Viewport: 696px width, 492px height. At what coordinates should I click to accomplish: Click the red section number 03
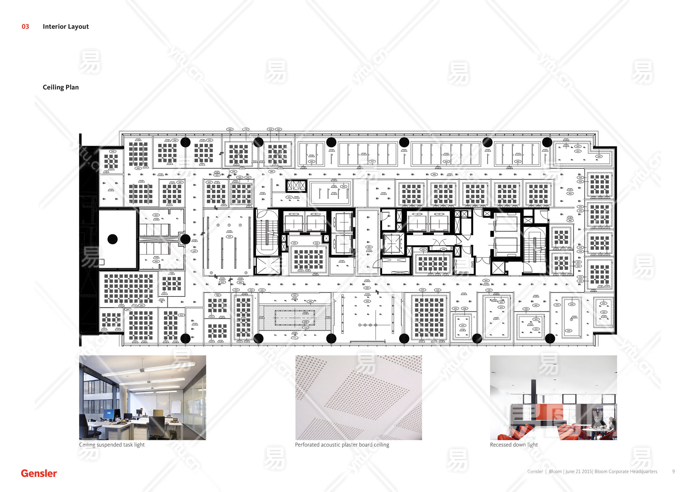25,26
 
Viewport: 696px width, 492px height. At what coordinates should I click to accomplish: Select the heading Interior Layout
66,26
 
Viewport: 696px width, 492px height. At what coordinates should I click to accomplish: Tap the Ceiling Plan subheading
60,87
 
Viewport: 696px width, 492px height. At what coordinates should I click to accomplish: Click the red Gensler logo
39,473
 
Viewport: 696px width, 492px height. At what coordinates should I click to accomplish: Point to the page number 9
673,471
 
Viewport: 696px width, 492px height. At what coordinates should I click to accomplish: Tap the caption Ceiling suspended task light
112,445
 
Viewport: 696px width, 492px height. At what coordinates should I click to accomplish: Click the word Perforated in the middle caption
307,445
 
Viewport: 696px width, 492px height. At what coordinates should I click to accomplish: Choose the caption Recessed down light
514,445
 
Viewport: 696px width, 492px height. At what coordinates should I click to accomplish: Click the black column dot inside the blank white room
112,239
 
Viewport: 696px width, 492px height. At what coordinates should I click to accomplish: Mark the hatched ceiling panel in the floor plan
295,318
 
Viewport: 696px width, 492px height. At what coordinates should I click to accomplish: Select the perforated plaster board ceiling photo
359,397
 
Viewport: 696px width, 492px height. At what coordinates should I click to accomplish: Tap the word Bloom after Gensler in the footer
555,471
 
